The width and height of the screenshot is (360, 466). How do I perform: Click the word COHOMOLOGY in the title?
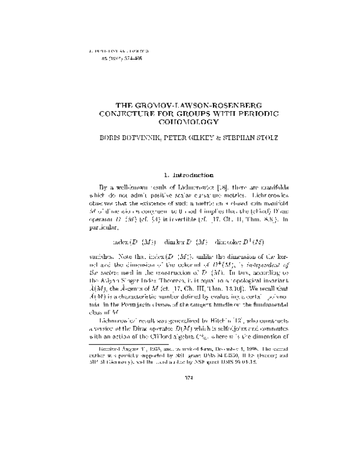(x=180, y=122)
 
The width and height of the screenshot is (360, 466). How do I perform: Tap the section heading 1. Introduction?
(x=180, y=175)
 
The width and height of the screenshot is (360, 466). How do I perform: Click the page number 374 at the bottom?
(x=180, y=428)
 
